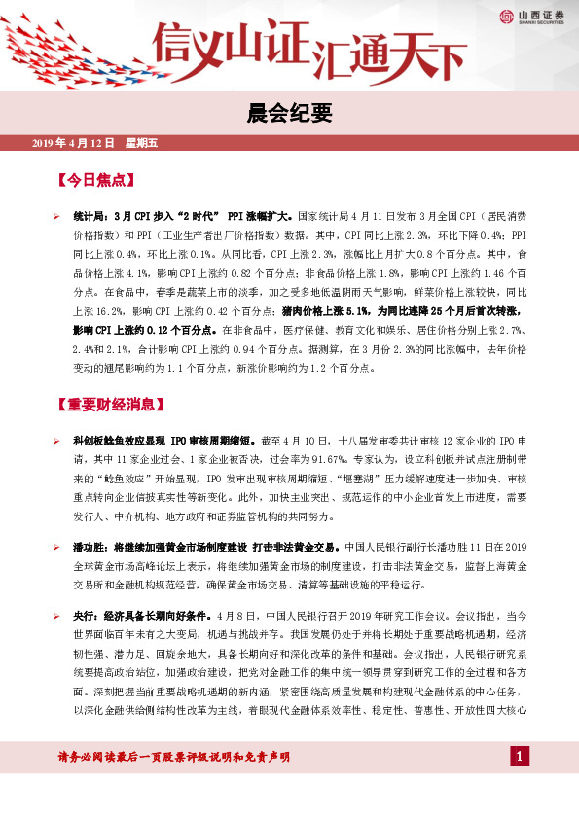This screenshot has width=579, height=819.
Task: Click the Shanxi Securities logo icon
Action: point(506,16)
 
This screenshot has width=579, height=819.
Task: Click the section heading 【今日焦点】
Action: point(95,180)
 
